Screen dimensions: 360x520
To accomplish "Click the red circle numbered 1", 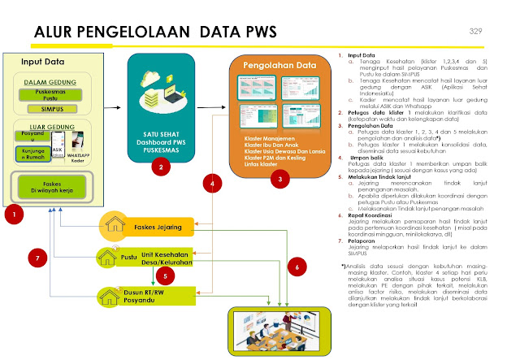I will [15, 215].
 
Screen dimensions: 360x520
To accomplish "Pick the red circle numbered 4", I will [213, 184].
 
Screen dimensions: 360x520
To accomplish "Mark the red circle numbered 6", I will [297, 266].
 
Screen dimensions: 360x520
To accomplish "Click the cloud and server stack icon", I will [162, 98].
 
